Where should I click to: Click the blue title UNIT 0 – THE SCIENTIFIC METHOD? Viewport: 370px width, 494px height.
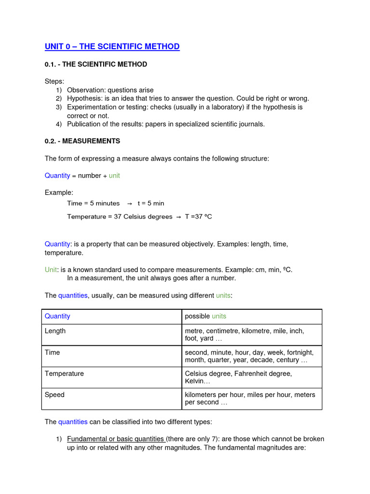click(x=112, y=47)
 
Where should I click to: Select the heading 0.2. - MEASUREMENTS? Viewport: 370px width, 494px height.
click(x=82, y=141)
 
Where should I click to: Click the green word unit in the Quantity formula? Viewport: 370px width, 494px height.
click(x=114, y=176)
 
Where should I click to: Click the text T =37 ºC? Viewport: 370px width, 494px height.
click(x=198, y=217)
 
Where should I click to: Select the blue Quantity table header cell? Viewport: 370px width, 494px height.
click(x=57, y=316)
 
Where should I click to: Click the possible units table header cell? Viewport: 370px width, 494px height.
click(x=205, y=316)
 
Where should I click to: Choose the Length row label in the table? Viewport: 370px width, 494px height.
click(x=55, y=331)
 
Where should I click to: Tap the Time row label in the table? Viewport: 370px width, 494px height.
click(x=53, y=353)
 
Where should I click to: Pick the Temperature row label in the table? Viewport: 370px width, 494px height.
click(x=64, y=374)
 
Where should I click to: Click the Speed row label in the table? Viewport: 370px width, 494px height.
click(x=54, y=395)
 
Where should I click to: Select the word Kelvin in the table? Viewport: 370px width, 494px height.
click(x=196, y=381)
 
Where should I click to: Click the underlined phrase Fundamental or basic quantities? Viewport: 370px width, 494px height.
click(x=116, y=439)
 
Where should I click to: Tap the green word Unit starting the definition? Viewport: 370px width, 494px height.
click(x=51, y=270)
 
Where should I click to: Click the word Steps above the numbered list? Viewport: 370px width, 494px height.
click(x=54, y=81)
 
